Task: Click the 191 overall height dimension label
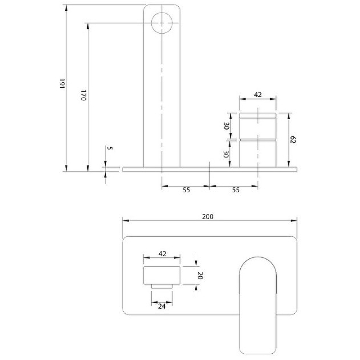pyautogui.click(x=62, y=84)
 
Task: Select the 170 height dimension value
pyautogui.click(x=83, y=95)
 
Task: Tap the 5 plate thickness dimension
pyautogui.click(x=110, y=148)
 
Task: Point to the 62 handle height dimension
pyautogui.click(x=292, y=139)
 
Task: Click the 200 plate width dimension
pyautogui.click(x=208, y=216)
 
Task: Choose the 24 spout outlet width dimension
pyautogui.click(x=162, y=306)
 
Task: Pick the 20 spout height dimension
pyautogui.click(x=200, y=275)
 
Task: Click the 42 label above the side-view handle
pyautogui.click(x=258, y=94)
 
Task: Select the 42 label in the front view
pyautogui.click(x=162, y=253)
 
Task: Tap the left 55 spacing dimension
pyautogui.click(x=186, y=190)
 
